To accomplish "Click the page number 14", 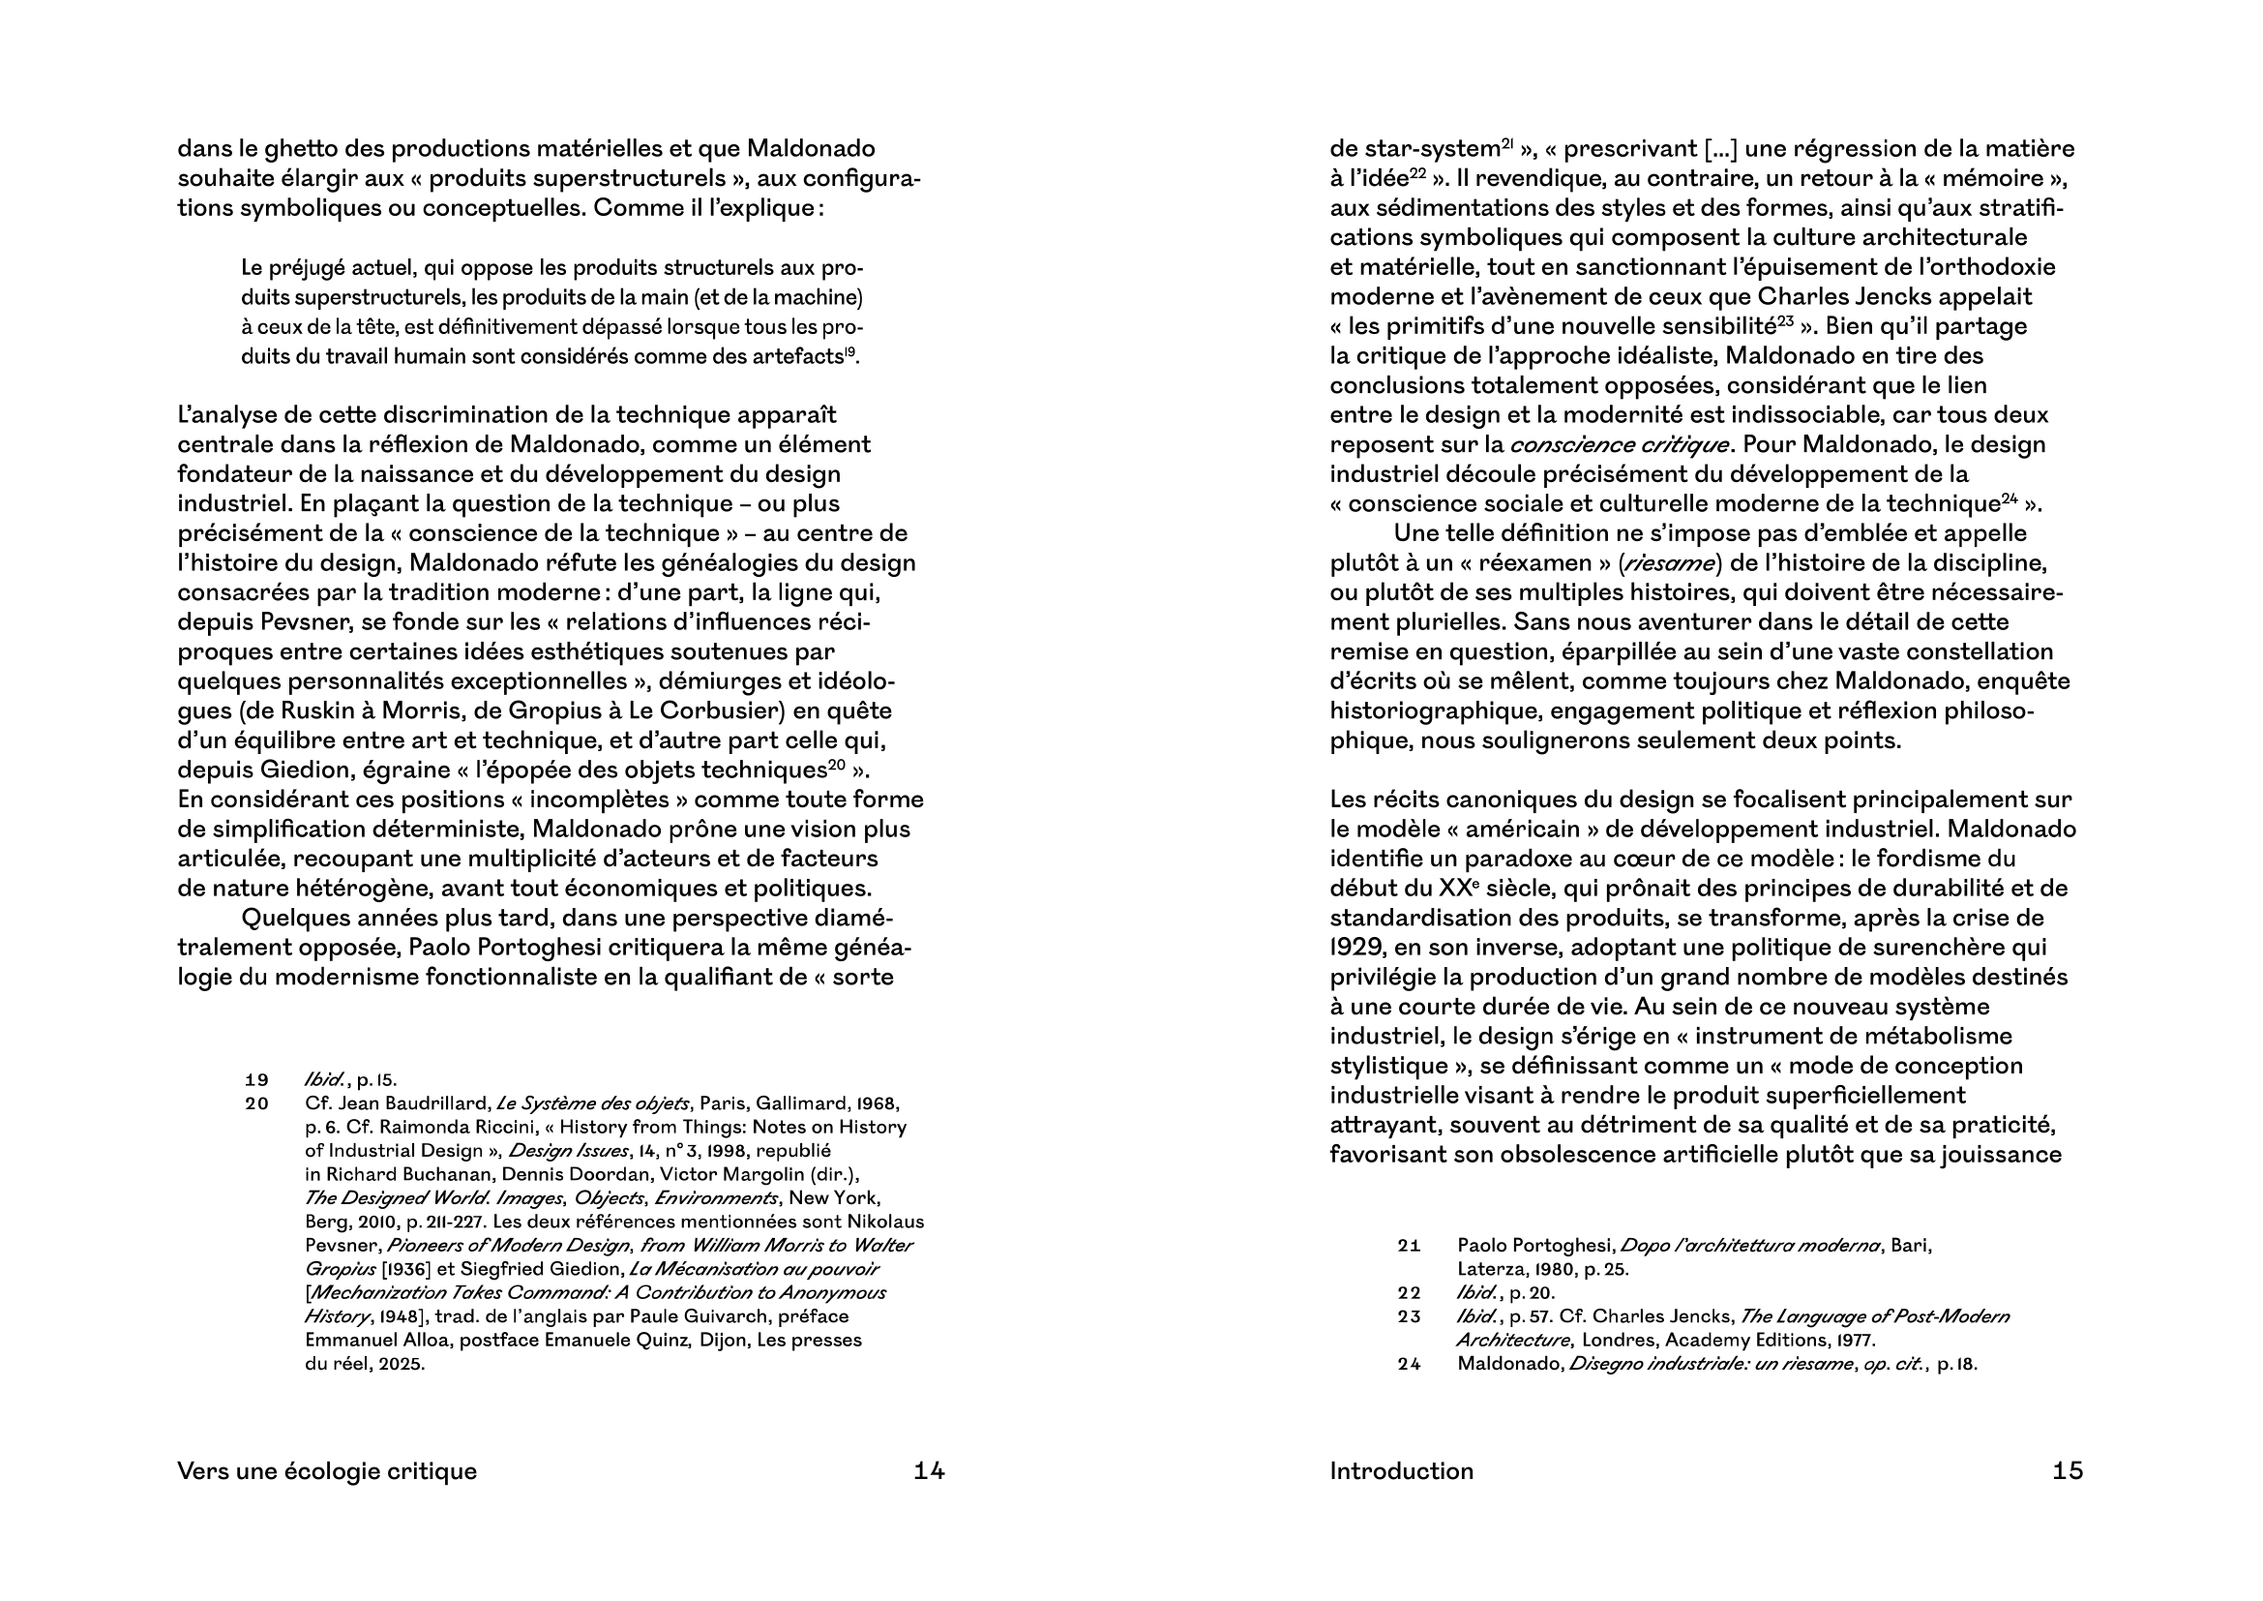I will click(x=929, y=1471).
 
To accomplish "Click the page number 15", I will click(x=2068, y=1471).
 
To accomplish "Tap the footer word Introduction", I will click(x=1401, y=1471).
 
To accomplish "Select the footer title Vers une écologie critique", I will click(x=326, y=1471).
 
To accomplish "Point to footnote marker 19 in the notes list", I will click(x=256, y=1079).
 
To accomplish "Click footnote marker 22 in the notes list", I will click(x=1409, y=1292).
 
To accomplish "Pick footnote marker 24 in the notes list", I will click(x=1409, y=1365).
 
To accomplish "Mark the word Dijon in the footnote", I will click(x=718, y=1340).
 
